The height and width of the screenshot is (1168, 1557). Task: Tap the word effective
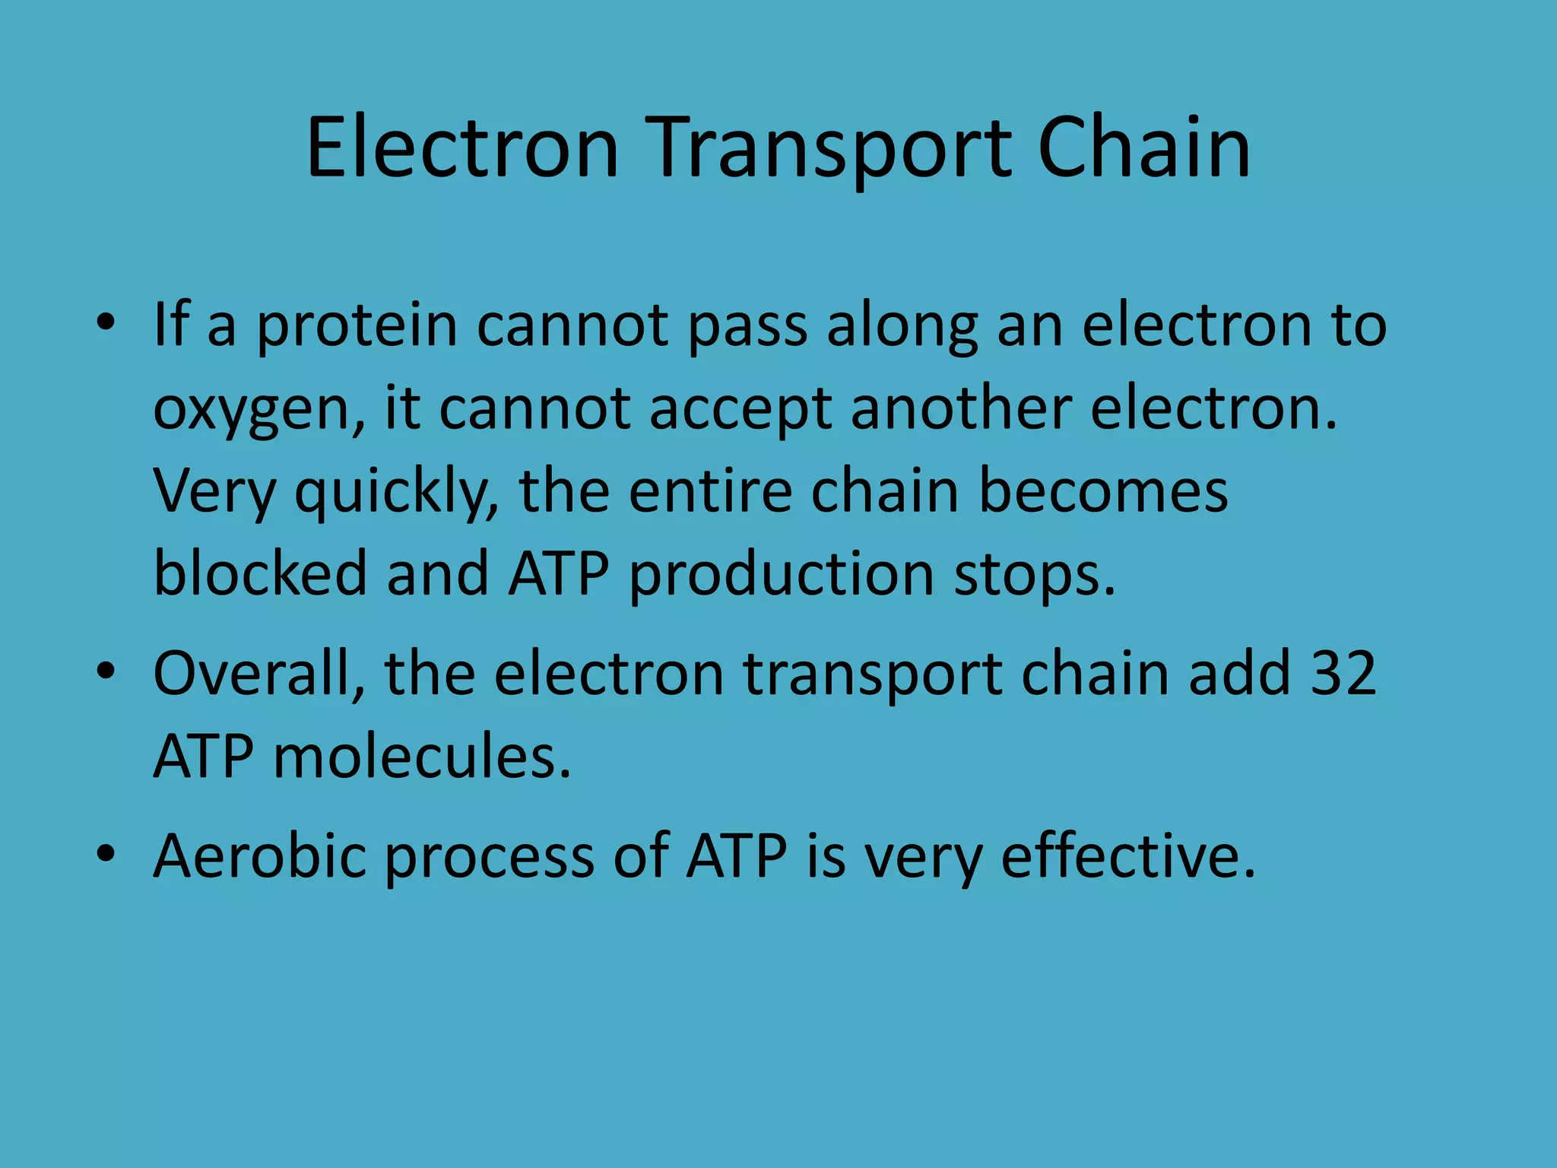coord(1128,856)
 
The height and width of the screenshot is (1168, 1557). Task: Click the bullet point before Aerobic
coord(106,854)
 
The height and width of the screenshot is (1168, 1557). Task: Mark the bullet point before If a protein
coord(106,323)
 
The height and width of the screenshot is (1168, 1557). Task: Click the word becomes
coord(1102,491)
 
